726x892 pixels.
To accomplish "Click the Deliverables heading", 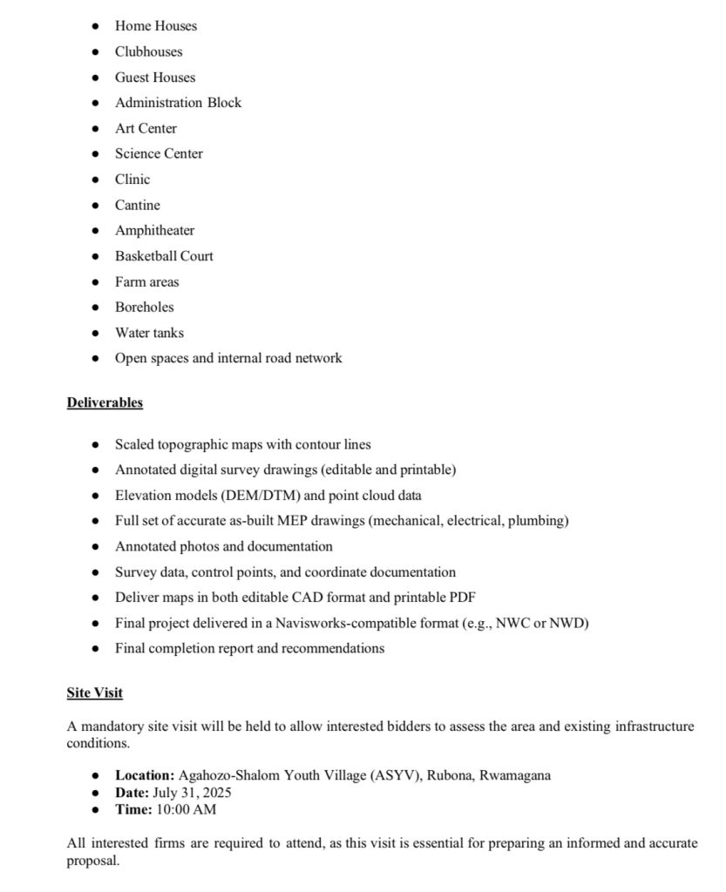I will pyautogui.click(x=105, y=402).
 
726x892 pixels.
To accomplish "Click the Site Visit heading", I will pyautogui.click(x=94, y=693).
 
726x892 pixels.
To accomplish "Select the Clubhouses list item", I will pyautogui.click(x=148, y=51).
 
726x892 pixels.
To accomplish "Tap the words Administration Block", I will pyautogui.click(x=178, y=103).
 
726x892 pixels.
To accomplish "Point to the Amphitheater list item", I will pyautogui.click(x=154, y=231).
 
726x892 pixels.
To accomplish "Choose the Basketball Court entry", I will pyautogui.click(x=164, y=256).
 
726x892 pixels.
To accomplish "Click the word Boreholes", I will pyautogui.click(x=144, y=307).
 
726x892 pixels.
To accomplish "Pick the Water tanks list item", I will pyautogui.click(x=149, y=333).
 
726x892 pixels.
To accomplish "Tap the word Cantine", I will pyautogui.click(x=138, y=206).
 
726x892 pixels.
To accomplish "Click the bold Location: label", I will pyautogui.click(x=145, y=775).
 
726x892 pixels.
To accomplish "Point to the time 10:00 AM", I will pyautogui.click(x=186, y=809).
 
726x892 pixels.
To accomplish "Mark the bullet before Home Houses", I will pyautogui.click(x=95, y=26).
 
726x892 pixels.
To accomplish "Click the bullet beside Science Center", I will pyautogui.click(x=95, y=154).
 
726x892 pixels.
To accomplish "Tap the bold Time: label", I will pyautogui.click(x=132, y=809).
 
